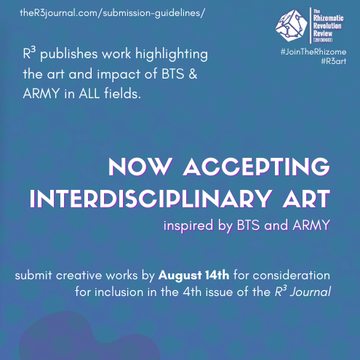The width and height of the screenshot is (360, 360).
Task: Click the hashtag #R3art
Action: click(332, 63)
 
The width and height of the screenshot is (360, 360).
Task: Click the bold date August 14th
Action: click(195, 276)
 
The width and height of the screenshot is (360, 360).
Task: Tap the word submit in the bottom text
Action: click(40, 277)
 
